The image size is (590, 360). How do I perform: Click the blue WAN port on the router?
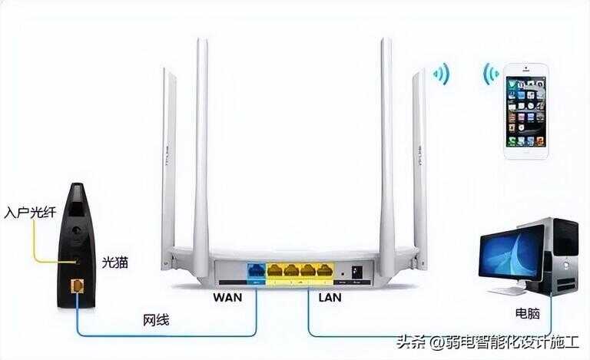[256, 270]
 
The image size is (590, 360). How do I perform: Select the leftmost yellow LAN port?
[275, 270]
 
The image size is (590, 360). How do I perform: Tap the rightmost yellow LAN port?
[324, 270]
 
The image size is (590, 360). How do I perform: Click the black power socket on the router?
[356, 271]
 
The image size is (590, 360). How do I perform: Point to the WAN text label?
[227, 297]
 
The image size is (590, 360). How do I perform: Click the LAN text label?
[330, 297]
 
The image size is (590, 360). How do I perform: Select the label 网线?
[156, 320]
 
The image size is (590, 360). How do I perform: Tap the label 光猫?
[114, 263]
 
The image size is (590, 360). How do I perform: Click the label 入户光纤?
[30, 213]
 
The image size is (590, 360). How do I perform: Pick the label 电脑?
[528, 313]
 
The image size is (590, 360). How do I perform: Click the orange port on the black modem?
[77, 286]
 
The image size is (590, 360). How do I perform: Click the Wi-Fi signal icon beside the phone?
[490, 74]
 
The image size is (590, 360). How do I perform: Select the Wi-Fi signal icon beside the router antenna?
[442, 74]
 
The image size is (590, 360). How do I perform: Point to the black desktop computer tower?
[556, 256]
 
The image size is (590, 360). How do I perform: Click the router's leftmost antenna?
[168, 169]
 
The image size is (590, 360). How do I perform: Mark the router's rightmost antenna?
[419, 169]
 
